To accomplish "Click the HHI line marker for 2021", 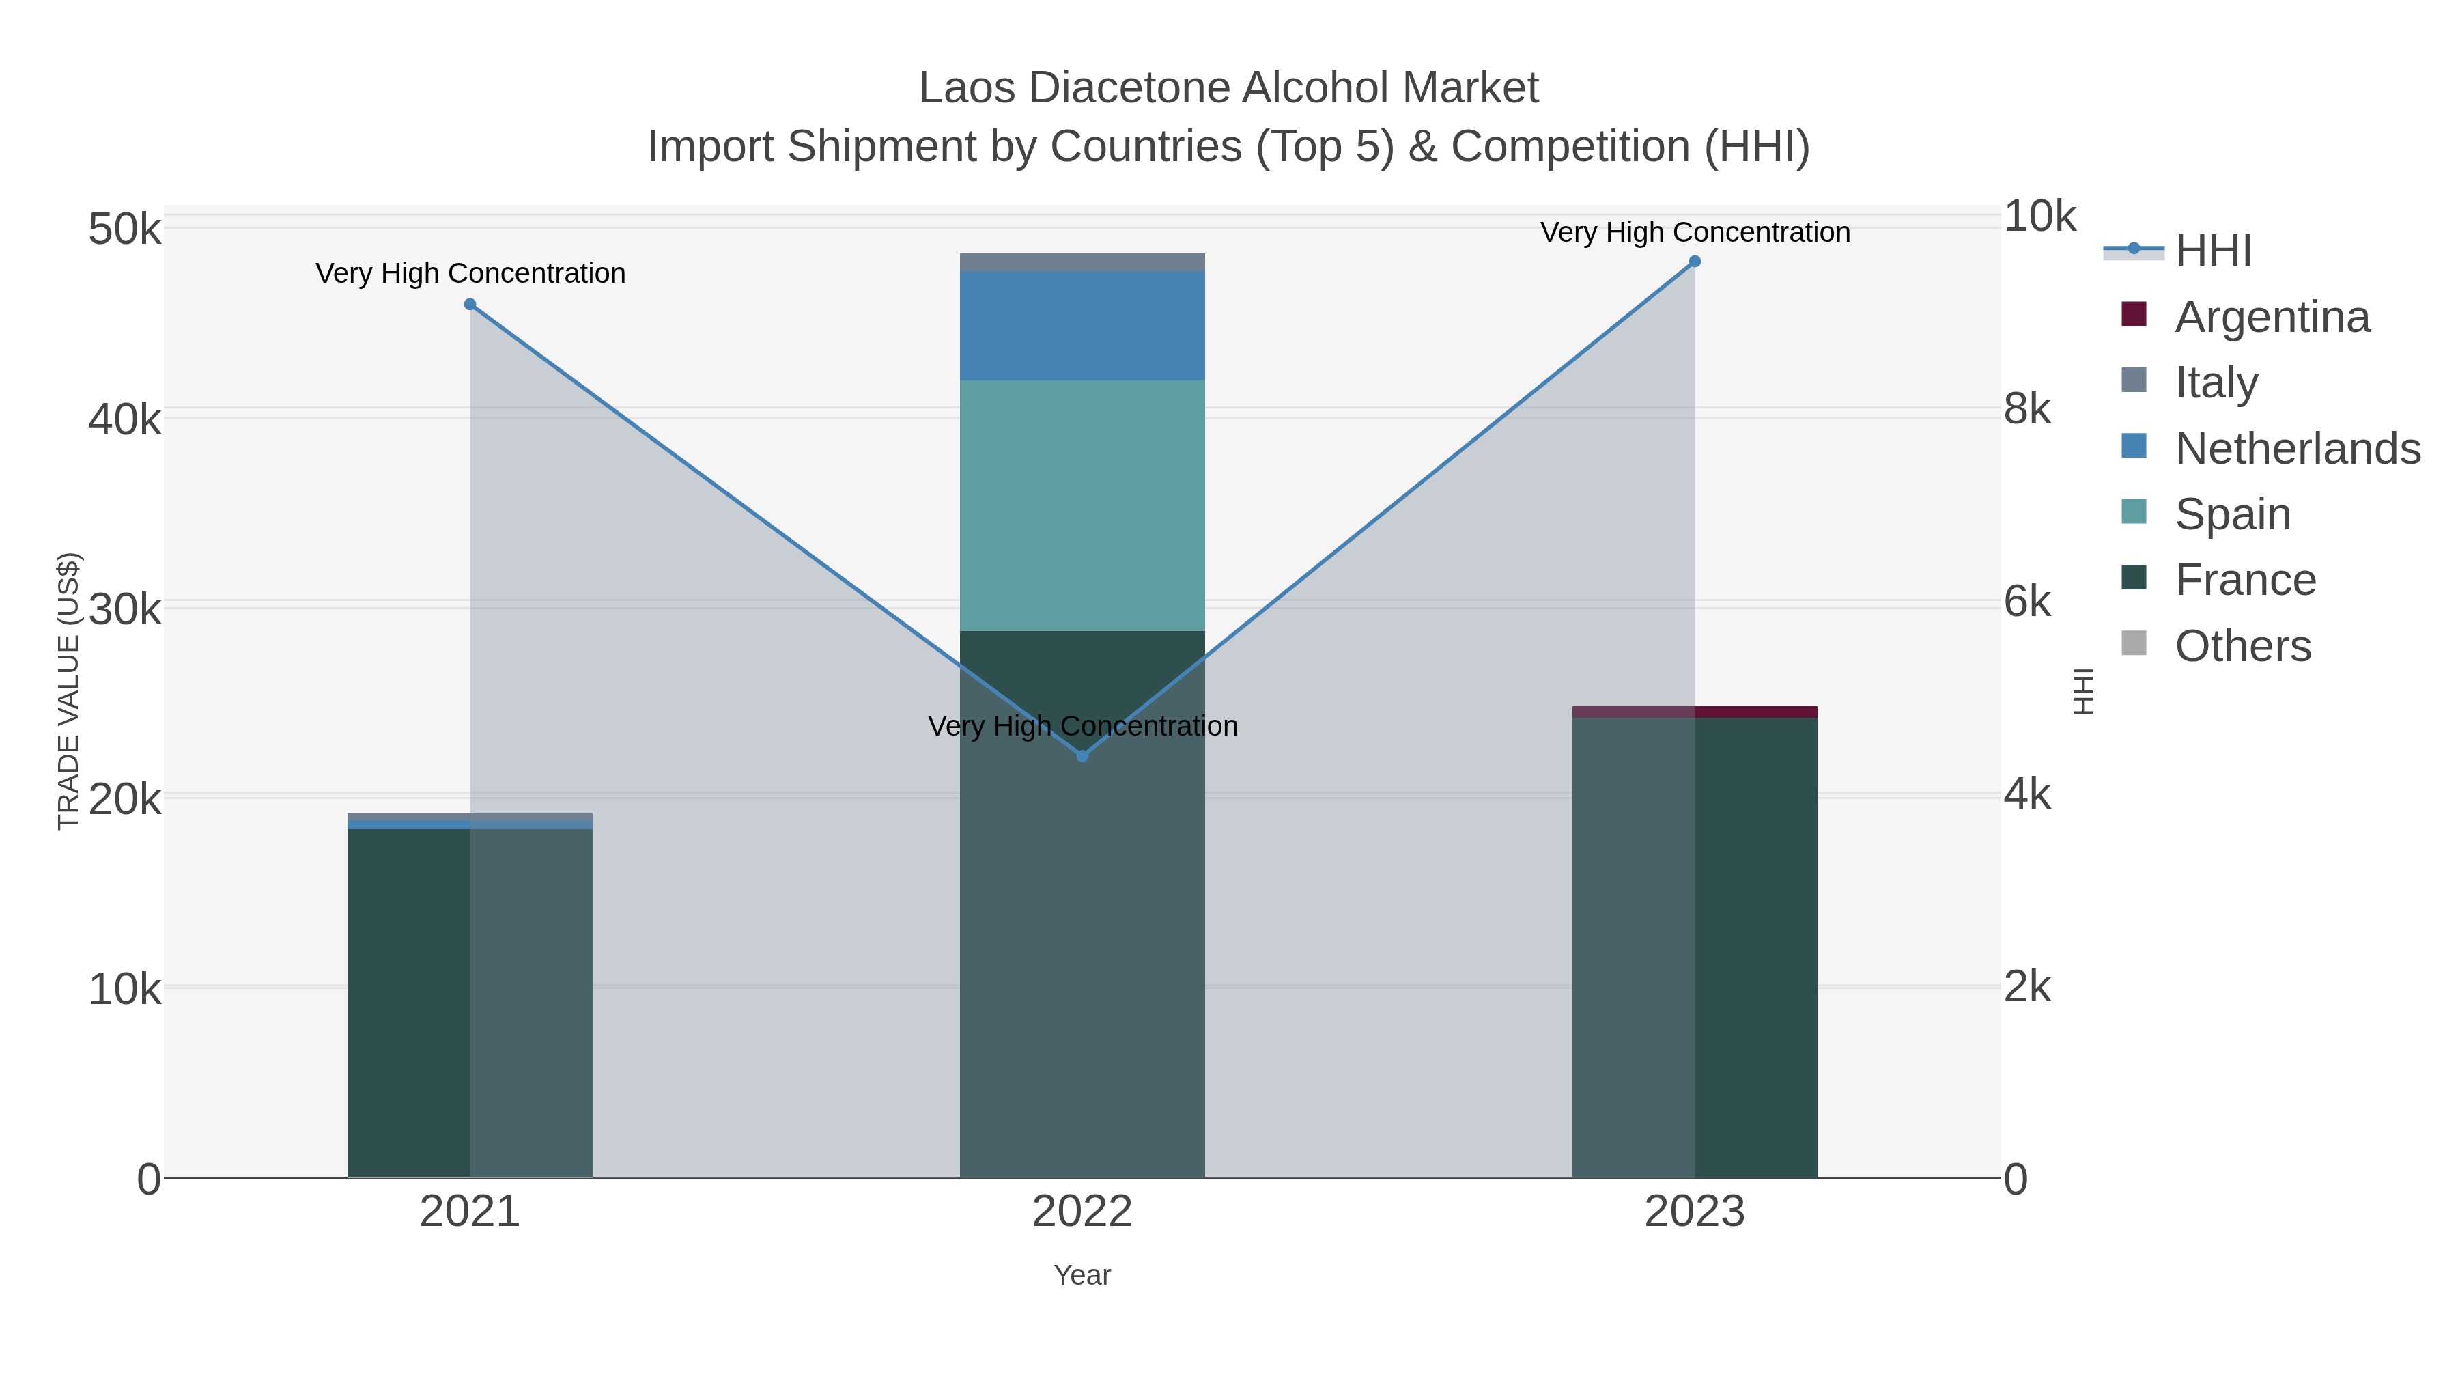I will [470, 305].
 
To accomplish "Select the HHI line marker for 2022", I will [1082, 756].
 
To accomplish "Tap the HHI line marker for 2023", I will [1695, 262].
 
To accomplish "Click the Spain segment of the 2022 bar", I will [1082, 506].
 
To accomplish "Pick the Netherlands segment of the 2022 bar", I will [1082, 326].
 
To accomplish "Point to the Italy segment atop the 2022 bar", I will [1082, 262].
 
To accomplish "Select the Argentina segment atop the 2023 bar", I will [1695, 712].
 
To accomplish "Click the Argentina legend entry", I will [2271, 317].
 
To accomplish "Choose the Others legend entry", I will [2242, 646].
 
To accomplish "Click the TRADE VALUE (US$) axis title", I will [69, 691].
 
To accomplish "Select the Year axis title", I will [1082, 1275].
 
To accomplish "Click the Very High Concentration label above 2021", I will [470, 274].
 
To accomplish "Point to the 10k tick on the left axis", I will [125, 990].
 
